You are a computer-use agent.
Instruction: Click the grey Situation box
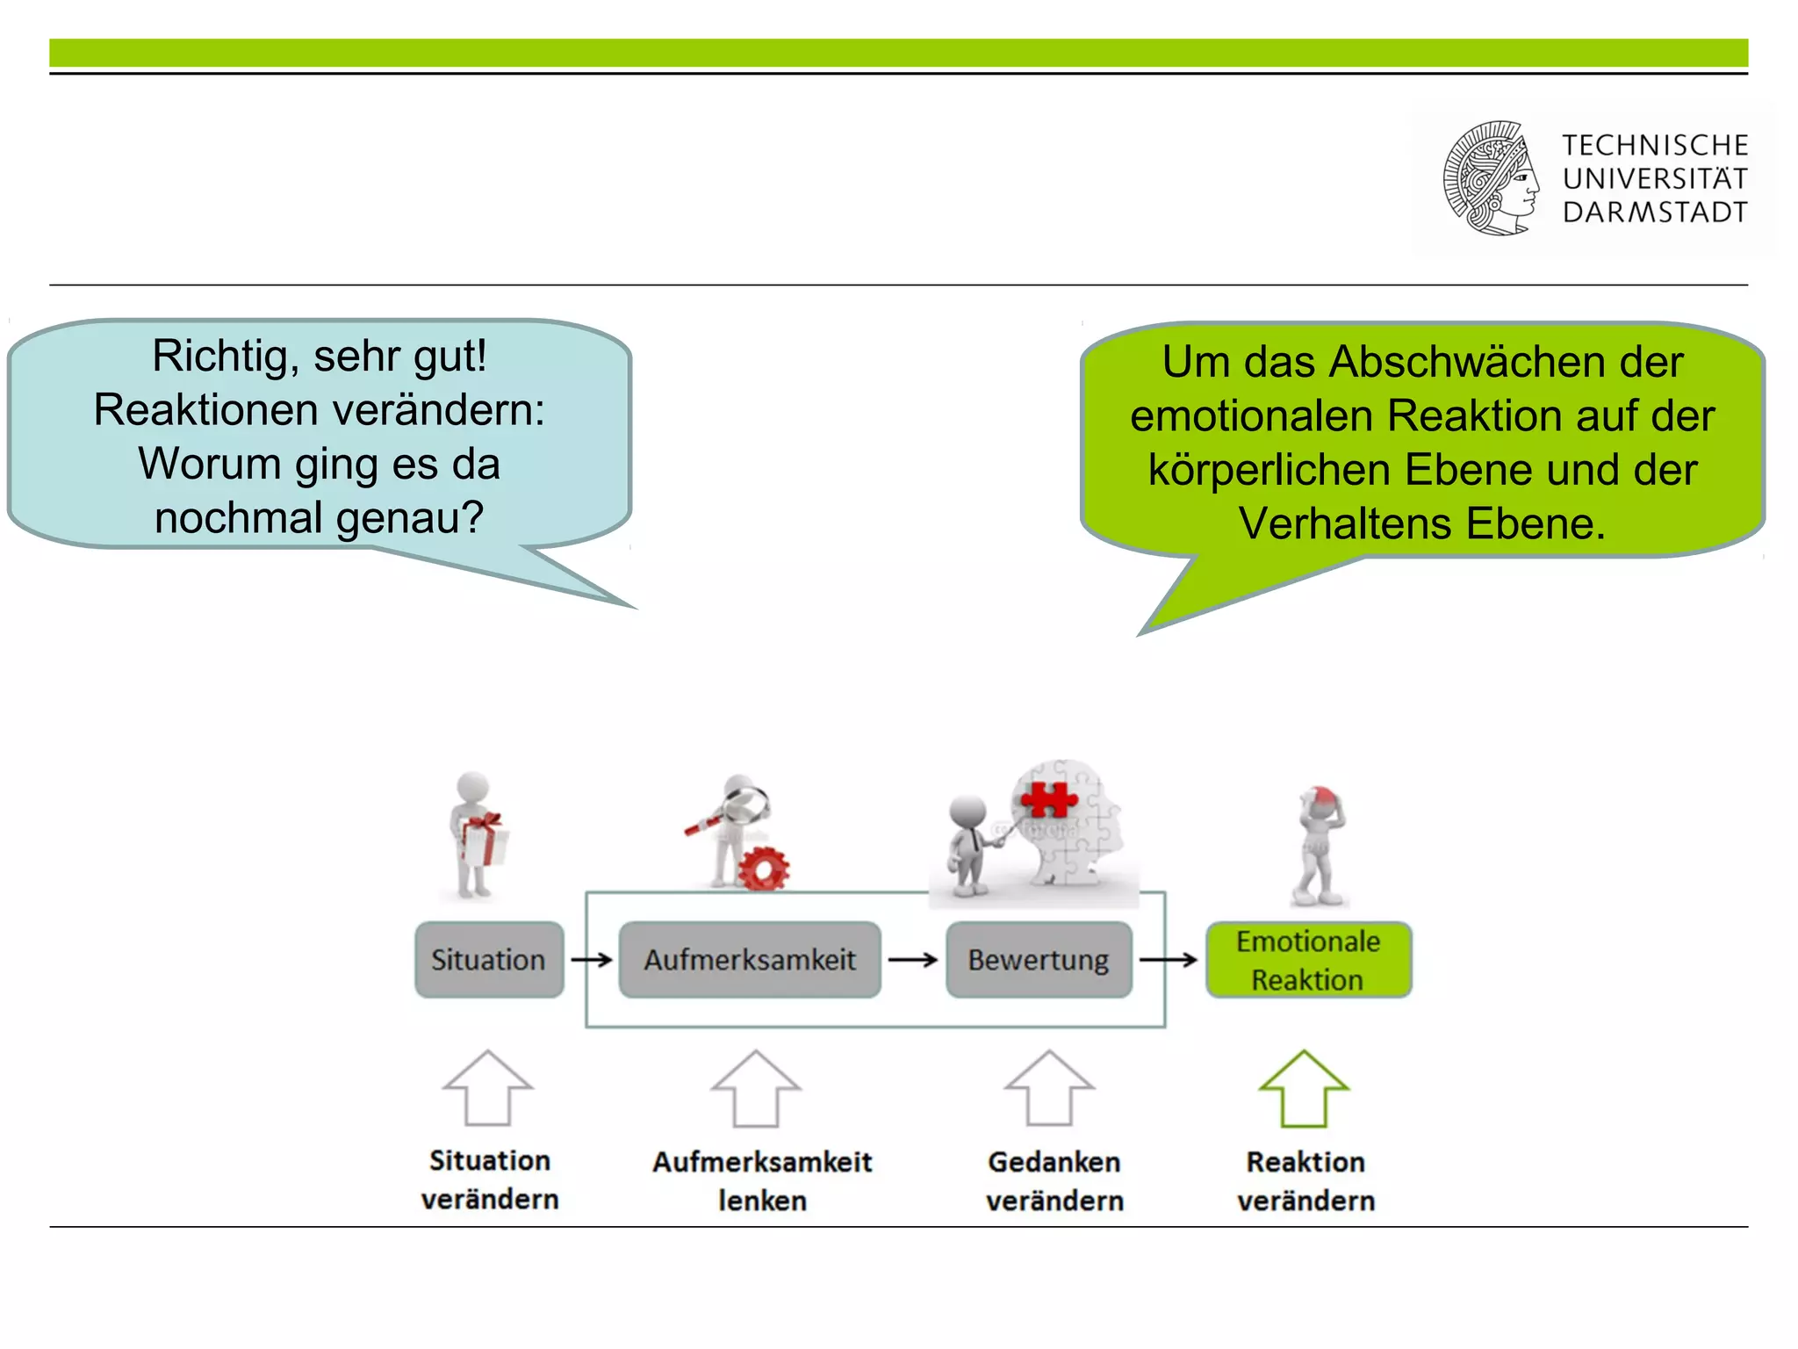(489, 959)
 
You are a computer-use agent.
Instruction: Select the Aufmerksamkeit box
(750, 959)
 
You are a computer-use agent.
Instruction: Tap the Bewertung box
(1039, 959)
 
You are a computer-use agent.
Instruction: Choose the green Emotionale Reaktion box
(1308, 960)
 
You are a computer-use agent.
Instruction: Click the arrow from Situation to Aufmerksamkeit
(591, 960)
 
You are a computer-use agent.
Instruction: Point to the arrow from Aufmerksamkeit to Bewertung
(913, 960)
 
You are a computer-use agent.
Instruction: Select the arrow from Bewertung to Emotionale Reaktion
(1169, 960)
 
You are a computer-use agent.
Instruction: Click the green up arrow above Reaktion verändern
(1304, 1088)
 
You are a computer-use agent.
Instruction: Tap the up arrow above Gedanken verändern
(1049, 1088)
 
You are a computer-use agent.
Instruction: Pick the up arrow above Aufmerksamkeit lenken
(755, 1088)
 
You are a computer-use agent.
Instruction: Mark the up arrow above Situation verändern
(487, 1088)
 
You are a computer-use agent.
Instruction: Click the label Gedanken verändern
(1054, 1181)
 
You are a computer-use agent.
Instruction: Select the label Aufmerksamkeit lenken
(762, 1181)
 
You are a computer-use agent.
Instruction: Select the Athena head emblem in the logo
(1492, 178)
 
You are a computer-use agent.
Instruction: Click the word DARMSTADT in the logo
(1655, 213)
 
